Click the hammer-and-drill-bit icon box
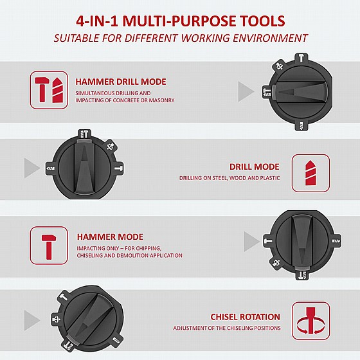click(49, 90)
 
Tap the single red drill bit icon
click(310, 173)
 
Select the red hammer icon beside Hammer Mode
click(48, 247)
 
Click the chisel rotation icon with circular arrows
click(310, 321)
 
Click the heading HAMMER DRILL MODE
click(121, 82)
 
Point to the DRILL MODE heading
click(255, 166)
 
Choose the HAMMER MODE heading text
click(110, 237)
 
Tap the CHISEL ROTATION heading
click(245, 317)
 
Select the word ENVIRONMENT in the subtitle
click(270, 38)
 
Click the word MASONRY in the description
click(161, 100)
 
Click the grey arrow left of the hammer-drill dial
click(246, 91)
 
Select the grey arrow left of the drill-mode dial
click(32, 168)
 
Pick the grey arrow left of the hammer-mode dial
click(252, 242)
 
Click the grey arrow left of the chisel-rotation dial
click(32, 321)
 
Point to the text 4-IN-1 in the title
click(96, 21)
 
